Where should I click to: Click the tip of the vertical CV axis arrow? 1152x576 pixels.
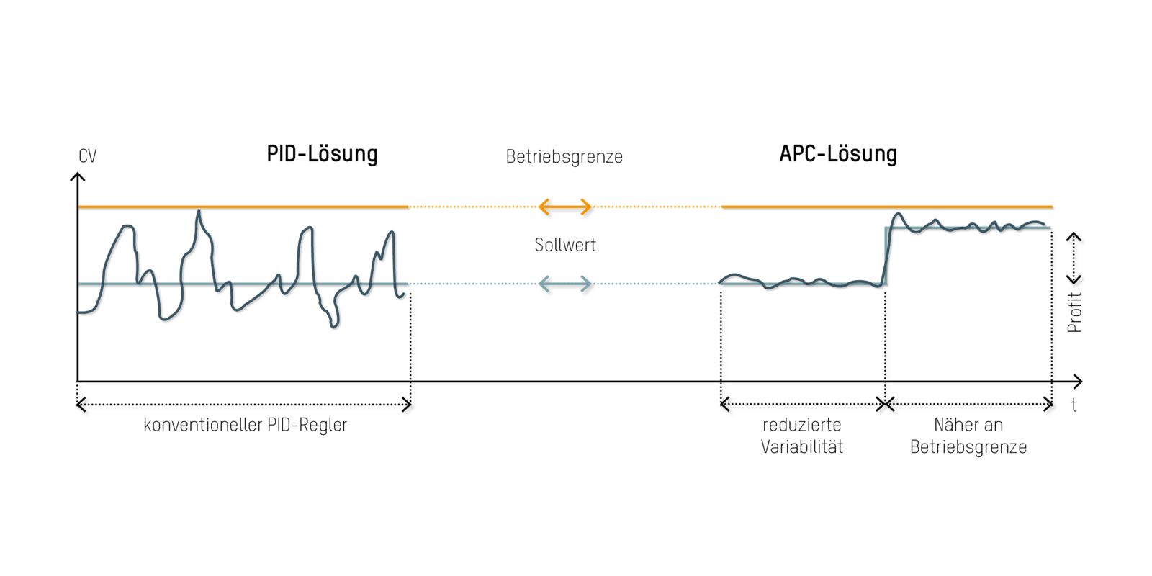77,174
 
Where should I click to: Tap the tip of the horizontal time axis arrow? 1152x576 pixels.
1082,382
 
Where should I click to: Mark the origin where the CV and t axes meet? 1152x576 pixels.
77,382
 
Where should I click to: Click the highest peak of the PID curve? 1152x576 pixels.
199,210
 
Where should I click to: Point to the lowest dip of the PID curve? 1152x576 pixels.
334,327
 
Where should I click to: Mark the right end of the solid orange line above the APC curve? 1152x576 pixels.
1052,207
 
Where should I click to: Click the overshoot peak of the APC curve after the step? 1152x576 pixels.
898,213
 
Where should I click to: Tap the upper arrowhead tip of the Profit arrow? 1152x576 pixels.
1074,233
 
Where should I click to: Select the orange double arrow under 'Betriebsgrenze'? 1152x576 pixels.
564,207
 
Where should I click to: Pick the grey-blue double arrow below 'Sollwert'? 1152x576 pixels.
564,284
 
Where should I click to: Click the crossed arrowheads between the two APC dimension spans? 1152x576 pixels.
885,404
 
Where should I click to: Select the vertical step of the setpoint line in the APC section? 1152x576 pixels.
886,256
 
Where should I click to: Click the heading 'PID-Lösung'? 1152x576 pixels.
322,154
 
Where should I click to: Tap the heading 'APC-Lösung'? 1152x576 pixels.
838,154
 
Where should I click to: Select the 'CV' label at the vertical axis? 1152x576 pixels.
87,156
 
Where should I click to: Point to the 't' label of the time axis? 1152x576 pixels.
1074,405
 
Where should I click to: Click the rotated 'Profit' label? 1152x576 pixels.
1074,312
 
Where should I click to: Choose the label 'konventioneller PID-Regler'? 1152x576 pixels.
246,425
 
